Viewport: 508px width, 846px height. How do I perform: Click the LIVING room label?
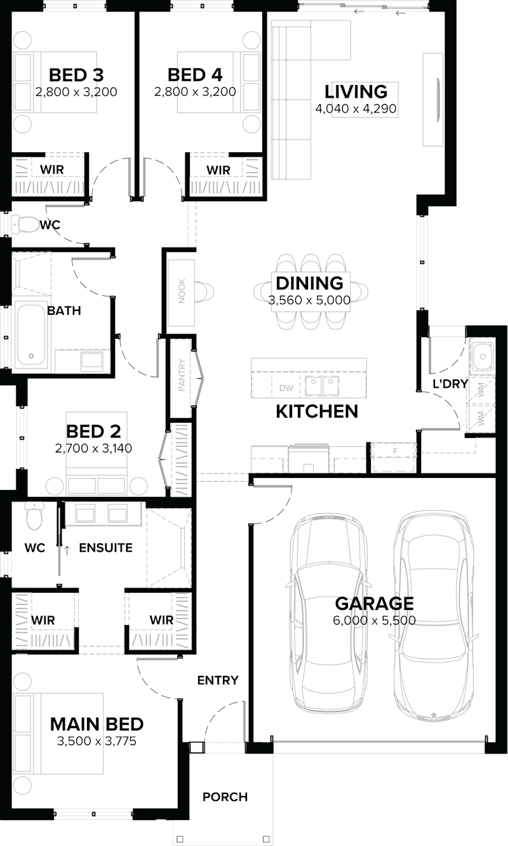tap(356, 91)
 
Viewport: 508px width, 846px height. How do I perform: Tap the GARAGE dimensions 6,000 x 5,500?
tap(374, 620)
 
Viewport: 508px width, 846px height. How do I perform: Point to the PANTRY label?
tap(182, 376)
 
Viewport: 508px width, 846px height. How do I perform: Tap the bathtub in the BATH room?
tap(32, 337)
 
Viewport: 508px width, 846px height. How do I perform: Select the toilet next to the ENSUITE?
tap(33, 518)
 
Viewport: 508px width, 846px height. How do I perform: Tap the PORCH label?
tap(225, 796)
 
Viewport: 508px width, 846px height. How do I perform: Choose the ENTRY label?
tap(218, 680)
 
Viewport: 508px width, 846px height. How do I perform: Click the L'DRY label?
tap(450, 383)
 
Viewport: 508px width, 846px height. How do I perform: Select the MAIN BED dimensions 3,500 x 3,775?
tap(97, 741)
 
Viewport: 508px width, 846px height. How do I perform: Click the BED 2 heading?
tap(93, 432)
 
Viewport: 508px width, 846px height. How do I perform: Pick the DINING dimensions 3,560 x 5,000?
tap(309, 300)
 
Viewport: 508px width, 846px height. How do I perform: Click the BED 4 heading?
tap(195, 75)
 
